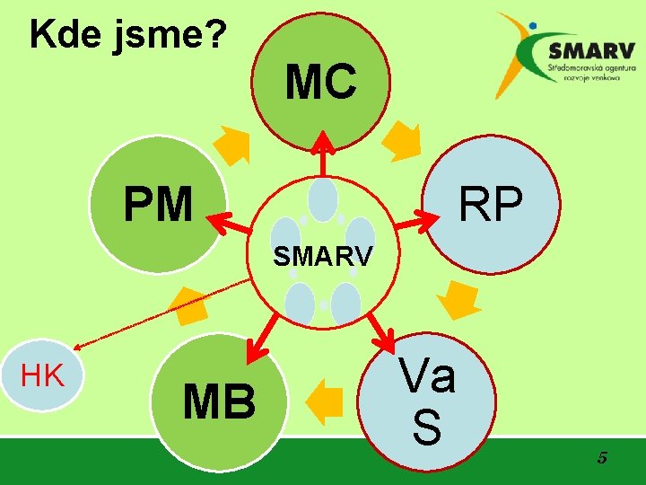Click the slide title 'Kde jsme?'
coord(128,35)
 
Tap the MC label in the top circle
coord(321,82)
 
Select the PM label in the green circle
coord(158,205)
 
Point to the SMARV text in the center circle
coord(322,257)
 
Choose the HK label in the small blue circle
coord(42,375)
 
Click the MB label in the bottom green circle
coord(219,401)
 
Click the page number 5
coord(602,458)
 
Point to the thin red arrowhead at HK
coord(80,346)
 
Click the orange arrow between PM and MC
coord(232,145)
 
